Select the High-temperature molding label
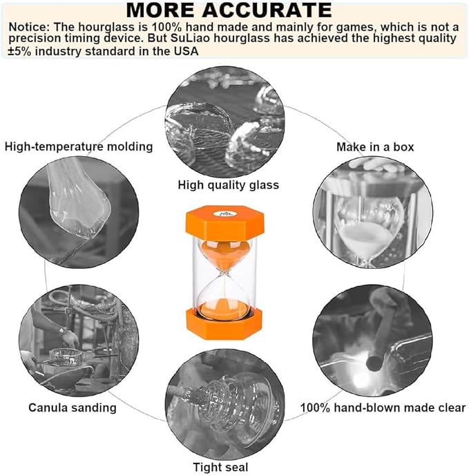click(79, 146)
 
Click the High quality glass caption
click(228, 184)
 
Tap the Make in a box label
click(374, 146)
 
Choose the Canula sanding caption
click(73, 407)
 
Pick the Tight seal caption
click(221, 467)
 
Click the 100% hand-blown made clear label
click(382, 407)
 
